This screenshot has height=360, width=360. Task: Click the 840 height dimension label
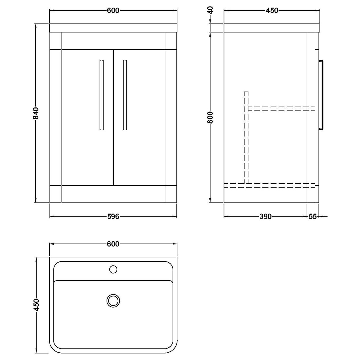tap(36, 113)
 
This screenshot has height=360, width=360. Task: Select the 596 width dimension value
tap(113, 217)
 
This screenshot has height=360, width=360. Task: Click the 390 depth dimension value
tap(265, 217)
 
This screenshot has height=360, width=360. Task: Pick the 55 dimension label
tap(313, 217)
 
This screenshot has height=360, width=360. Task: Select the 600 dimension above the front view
tap(113, 11)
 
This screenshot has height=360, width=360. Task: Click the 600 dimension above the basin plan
tap(113, 244)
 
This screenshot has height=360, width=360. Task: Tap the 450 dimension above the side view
tap(272, 11)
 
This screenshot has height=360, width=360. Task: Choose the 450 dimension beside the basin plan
tap(36, 305)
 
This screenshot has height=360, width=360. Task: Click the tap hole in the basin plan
tap(113, 269)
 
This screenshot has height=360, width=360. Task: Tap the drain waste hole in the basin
tap(113, 301)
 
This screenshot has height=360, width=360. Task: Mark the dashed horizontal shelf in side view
tap(281, 109)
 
